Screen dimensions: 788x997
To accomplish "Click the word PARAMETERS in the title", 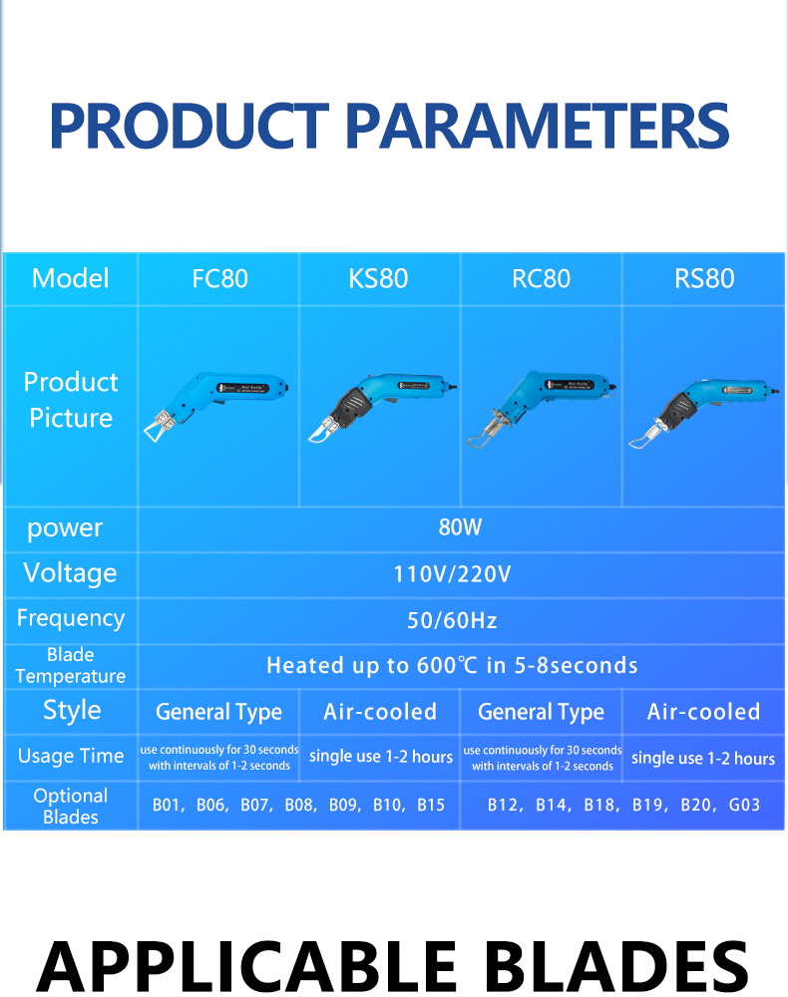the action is [540, 126].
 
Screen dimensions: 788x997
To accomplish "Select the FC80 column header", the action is [220, 279].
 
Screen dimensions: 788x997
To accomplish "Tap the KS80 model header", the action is [378, 279].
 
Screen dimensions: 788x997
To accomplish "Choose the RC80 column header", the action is [542, 279].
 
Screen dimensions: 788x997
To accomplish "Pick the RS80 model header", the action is [704, 279].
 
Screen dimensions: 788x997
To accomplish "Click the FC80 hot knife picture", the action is [216, 405].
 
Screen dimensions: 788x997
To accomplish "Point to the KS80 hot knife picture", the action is [382, 407].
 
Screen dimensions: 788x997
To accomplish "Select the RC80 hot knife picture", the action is [541, 408].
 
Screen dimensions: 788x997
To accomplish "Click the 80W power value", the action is [461, 527].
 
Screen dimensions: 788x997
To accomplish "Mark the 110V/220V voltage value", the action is [452, 574].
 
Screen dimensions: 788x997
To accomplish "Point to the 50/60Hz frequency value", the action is [452, 620].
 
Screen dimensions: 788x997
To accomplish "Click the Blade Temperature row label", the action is [71, 665].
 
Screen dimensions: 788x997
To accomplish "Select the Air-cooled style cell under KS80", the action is [380, 712].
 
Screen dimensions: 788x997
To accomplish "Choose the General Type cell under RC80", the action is [542, 712].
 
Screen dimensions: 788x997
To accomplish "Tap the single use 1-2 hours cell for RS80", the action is [703, 758].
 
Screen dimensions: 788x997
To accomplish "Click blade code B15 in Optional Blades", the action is [431, 805].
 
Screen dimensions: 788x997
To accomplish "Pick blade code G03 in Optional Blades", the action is [744, 805].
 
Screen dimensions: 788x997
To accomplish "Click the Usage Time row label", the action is [71, 756].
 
